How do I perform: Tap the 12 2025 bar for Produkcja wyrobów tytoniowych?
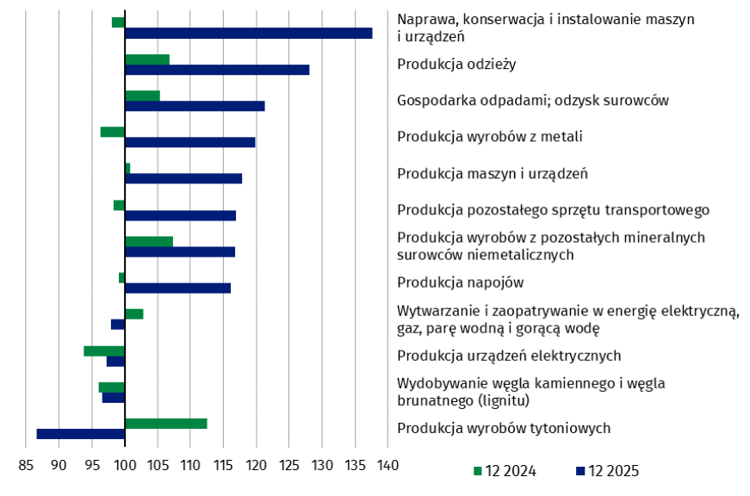coord(81,434)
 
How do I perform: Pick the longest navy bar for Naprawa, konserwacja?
coord(249,33)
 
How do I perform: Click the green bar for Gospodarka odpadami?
coord(142,96)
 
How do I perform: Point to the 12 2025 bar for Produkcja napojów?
coord(177,288)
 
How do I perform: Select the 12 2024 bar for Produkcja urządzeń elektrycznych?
coord(104,350)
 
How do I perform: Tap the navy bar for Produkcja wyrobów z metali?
coord(190,142)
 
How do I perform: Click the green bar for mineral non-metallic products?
coord(149,241)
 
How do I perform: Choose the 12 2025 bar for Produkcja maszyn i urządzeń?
coord(183,178)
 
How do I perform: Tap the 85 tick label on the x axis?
coord(26,466)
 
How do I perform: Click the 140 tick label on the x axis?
coord(387,466)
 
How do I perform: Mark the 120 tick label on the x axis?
coord(256,466)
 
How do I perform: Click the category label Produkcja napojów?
coord(461,282)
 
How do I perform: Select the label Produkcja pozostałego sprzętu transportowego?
coord(553,209)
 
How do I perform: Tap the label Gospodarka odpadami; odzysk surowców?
coord(533,100)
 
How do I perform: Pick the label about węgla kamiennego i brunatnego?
coord(530,392)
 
